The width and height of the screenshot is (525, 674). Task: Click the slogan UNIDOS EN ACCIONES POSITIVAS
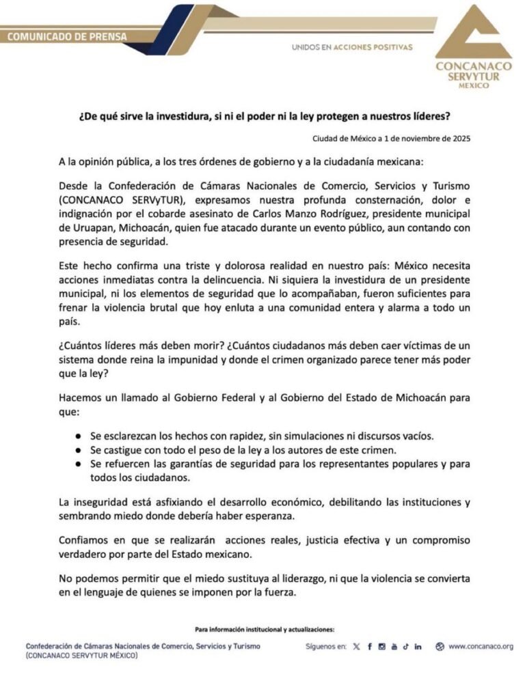352,48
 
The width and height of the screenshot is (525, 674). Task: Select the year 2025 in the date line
459,138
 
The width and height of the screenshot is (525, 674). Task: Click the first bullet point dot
79,436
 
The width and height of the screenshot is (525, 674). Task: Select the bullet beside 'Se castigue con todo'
79,451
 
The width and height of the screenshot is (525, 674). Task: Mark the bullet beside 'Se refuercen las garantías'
79,465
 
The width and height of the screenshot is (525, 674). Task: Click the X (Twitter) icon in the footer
355,646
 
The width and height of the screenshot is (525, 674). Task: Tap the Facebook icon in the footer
369,646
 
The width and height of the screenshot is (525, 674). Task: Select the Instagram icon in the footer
381,646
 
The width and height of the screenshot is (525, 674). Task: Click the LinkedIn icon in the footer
418,646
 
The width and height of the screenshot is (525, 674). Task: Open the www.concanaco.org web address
481,646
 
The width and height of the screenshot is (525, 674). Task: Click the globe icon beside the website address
440,646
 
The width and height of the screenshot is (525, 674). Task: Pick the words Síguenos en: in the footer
325,646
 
